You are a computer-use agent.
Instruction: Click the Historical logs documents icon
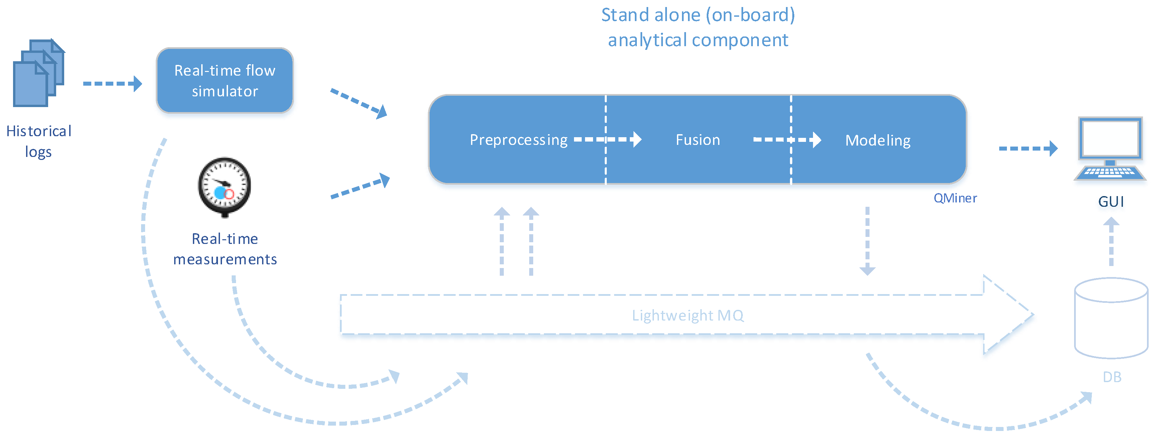[x=38, y=73]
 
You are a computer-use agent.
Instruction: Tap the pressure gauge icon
[x=224, y=186]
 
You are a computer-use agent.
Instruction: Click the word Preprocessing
[x=518, y=140]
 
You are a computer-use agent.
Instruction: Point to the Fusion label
[x=697, y=140]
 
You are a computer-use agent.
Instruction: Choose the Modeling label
[x=878, y=140]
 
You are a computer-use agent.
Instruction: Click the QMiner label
[x=955, y=198]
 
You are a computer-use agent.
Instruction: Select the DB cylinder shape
[x=1111, y=318]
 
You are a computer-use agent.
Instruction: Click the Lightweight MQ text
[x=688, y=316]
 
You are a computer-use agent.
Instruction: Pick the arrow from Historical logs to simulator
[x=112, y=84]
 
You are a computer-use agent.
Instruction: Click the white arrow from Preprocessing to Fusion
[x=607, y=140]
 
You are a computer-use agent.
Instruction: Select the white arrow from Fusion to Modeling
[x=787, y=140]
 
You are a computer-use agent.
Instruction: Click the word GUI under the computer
[x=1111, y=202]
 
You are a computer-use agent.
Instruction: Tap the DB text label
[x=1112, y=377]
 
